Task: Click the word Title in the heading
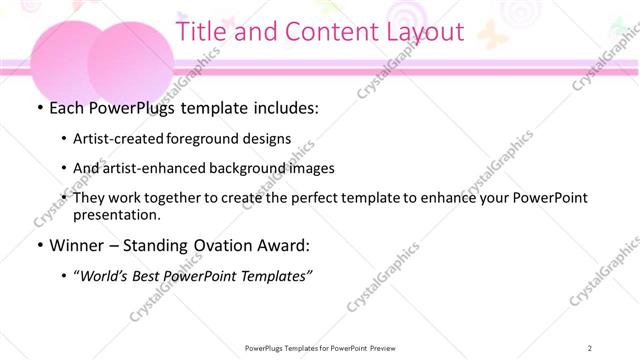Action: click(200, 31)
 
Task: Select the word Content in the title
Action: click(322, 31)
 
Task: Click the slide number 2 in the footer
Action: click(592, 348)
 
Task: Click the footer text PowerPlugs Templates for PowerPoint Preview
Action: click(319, 348)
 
